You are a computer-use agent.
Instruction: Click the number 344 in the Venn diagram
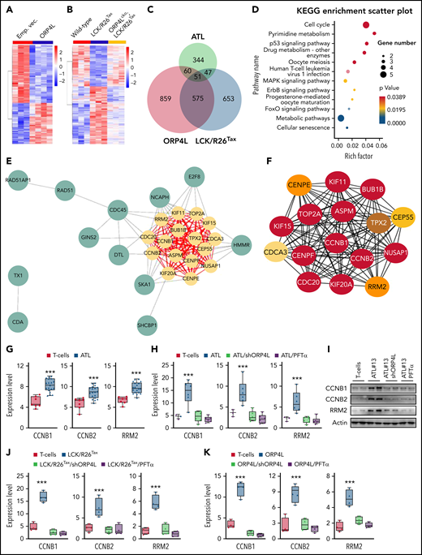coord(216,48)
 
